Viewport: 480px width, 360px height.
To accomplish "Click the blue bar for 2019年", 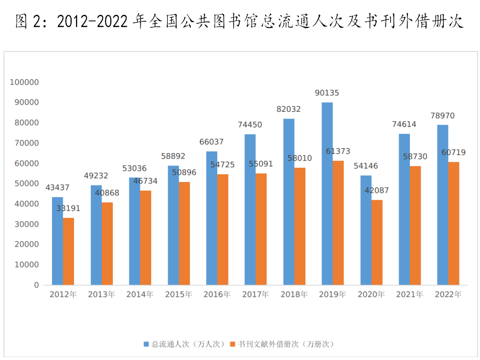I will point(327,193).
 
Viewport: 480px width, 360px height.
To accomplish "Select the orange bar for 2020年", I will point(377,242).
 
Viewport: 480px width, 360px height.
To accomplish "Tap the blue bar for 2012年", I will point(57,241).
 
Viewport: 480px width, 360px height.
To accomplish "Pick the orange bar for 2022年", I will point(454,223).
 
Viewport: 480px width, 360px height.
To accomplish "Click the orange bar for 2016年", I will point(223,229).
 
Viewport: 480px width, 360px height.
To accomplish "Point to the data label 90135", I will point(327,93).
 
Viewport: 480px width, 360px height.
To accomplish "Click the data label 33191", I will point(68,208).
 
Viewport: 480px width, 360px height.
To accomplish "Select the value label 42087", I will point(377,190).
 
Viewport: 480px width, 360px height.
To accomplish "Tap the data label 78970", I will point(443,116).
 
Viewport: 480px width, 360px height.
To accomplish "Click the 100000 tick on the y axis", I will point(25,82).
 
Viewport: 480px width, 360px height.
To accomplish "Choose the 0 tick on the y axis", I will point(36,285).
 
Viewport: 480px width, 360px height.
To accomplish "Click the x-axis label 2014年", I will point(140,295).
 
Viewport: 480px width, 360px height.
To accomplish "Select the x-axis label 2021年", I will point(409,295).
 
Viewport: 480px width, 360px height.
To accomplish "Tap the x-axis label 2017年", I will point(255,295).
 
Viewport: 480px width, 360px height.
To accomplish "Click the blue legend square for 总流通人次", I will point(146,344).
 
